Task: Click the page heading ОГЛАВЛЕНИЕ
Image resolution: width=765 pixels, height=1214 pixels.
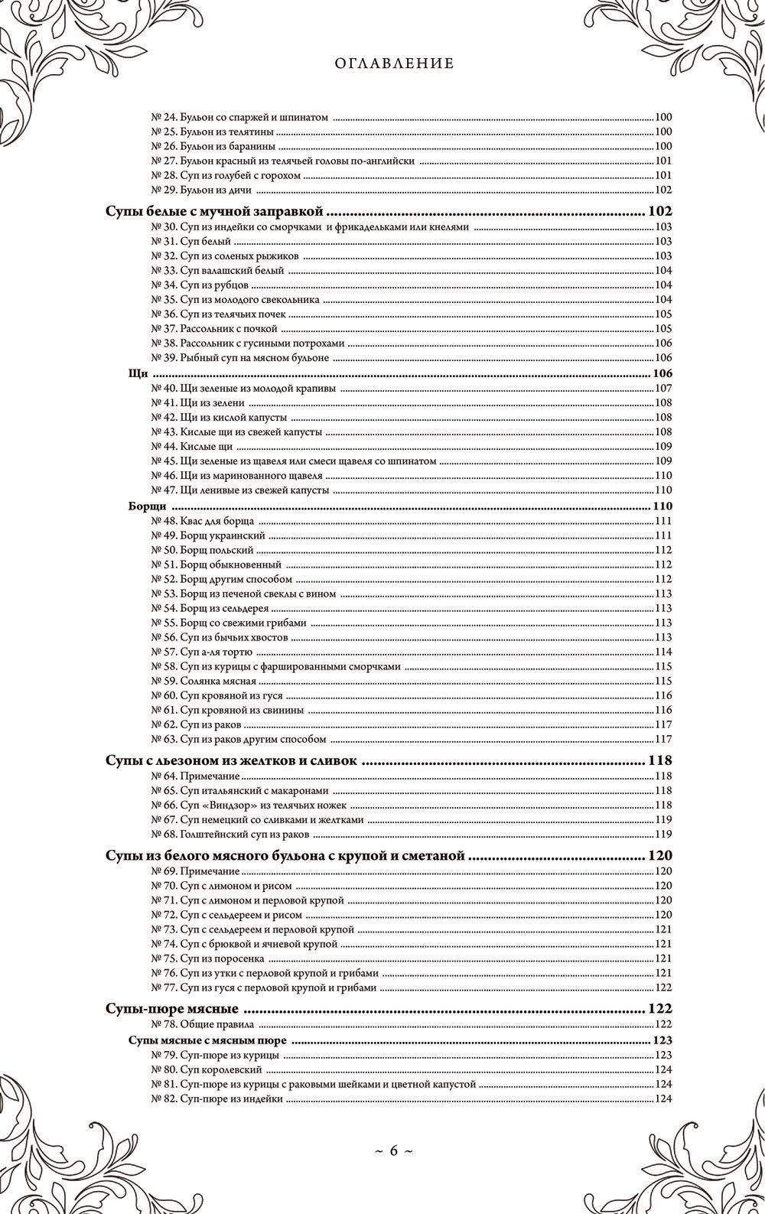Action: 395,64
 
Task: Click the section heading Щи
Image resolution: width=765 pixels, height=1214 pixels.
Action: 138,373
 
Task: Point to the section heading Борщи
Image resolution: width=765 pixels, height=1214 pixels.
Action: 145,506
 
